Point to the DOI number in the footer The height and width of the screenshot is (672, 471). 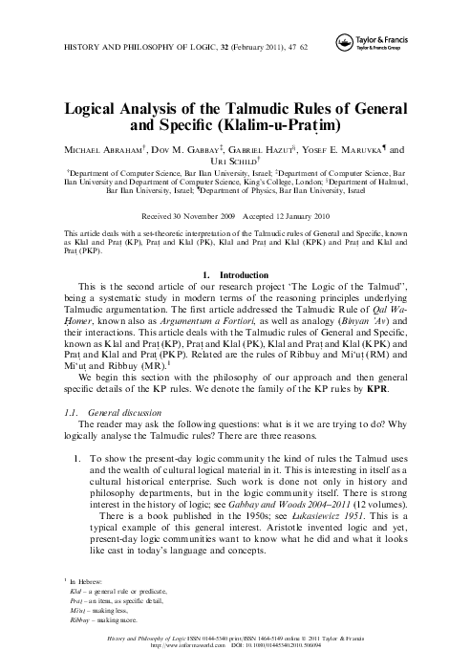click(x=307, y=658)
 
